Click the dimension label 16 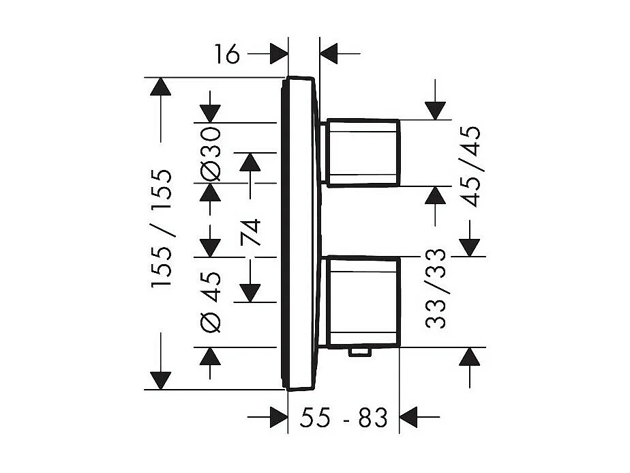tap(227, 55)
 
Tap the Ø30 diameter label tap(211, 154)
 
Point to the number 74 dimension tap(250, 232)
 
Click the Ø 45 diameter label tap(211, 302)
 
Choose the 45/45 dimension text tap(470, 167)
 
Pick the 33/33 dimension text tap(436, 289)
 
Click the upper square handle tap(363, 153)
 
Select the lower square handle tap(363, 302)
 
